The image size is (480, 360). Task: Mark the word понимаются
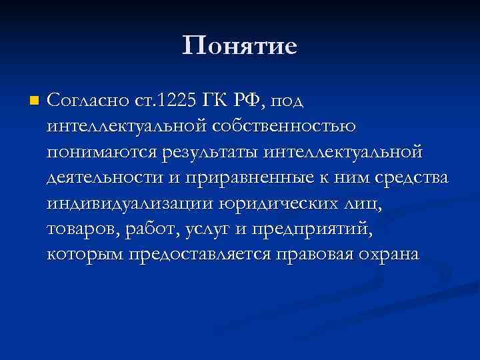(x=101, y=152)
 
